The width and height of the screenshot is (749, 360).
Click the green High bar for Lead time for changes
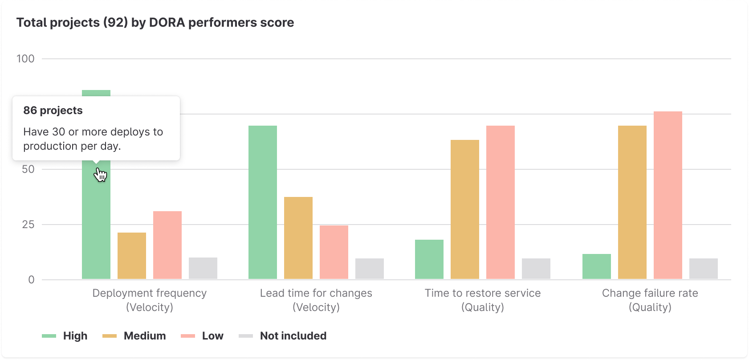[263, 203]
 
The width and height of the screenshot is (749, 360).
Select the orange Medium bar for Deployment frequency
[132, 256]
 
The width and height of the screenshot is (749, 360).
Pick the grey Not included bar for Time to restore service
[536, 269]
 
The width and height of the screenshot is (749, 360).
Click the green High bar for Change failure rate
[597, 266]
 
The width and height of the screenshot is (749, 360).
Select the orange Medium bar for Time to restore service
[465, 209]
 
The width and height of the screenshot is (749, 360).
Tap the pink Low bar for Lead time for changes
[334, 252]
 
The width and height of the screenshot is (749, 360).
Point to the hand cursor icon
[101, 175]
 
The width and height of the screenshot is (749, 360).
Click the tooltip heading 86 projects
[53, 110]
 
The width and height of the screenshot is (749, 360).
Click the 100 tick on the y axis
[25, 59]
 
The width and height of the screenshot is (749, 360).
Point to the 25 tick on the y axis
[28, 225]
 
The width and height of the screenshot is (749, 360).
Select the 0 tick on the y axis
[31, 280]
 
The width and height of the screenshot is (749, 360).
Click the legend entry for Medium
[144, 336]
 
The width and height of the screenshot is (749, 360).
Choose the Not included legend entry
[293, 336]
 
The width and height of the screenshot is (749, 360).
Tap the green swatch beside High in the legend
[49, 336]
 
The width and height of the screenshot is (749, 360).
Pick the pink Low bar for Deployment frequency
[167, 245]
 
